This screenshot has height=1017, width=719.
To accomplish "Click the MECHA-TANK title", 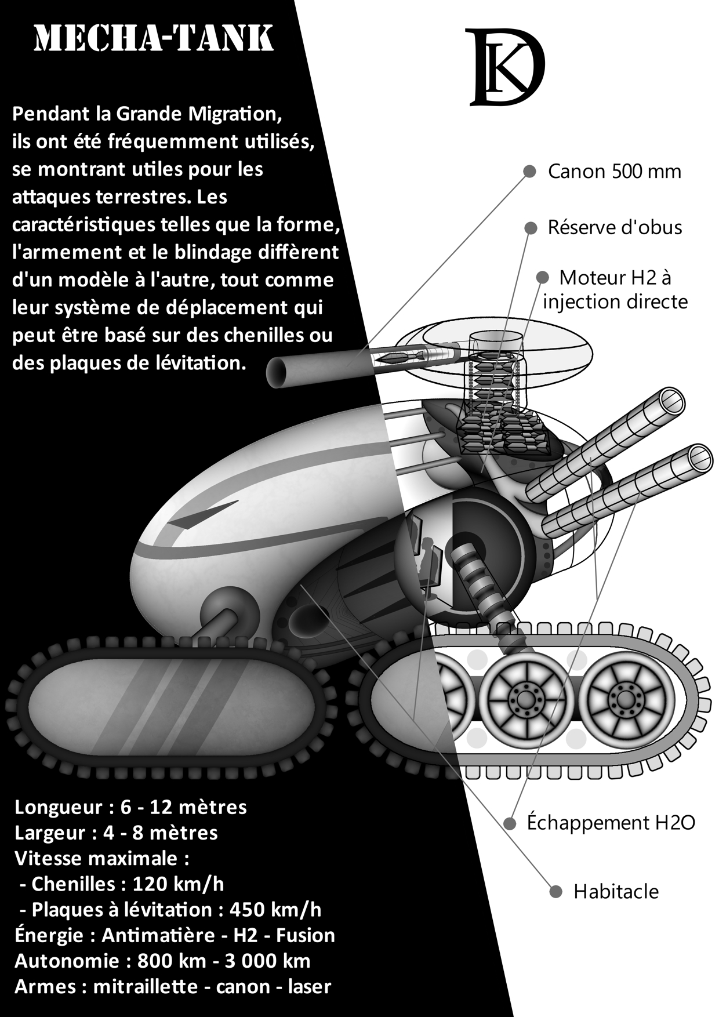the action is tap(154, 39).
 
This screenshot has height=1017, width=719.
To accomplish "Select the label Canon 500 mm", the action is tap(615, 172).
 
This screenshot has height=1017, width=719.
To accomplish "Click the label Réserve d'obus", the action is tap(615, 227).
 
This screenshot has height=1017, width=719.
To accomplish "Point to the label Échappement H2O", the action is tap(611, 823).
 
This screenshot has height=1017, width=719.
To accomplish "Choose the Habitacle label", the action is tap(616, 892).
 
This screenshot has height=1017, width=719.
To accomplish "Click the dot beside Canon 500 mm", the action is tap(529, 172).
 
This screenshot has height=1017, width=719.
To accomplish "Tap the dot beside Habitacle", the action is tap(555, 892).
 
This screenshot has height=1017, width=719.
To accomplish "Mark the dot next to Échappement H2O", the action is tap(510, 823).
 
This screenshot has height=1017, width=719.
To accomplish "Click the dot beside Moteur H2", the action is tap(542, 278).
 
